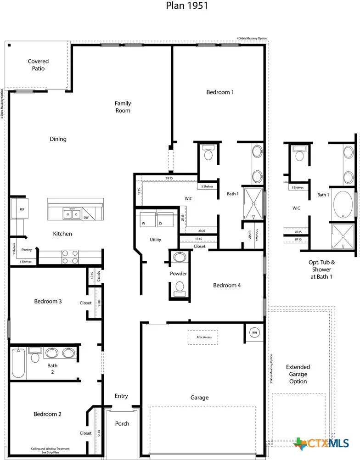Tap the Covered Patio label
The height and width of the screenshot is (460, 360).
click(x=38, y=65)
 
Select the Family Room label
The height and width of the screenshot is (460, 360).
click(x=123, y=107)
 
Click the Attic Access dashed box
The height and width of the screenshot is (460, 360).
click(x=202, y=337)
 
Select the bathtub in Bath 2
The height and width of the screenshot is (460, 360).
click(x=19, y=363)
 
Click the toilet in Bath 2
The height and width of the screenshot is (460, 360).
click(x=35, y=356)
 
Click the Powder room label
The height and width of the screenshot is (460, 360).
click(x=178, y=274)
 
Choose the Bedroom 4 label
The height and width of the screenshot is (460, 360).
click(x=227, y=286)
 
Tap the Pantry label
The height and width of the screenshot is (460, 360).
click(x=26, y=250)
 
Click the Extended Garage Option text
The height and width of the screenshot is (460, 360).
click(x=298, y=374)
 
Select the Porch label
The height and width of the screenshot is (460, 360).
click(x=122, y=423)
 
